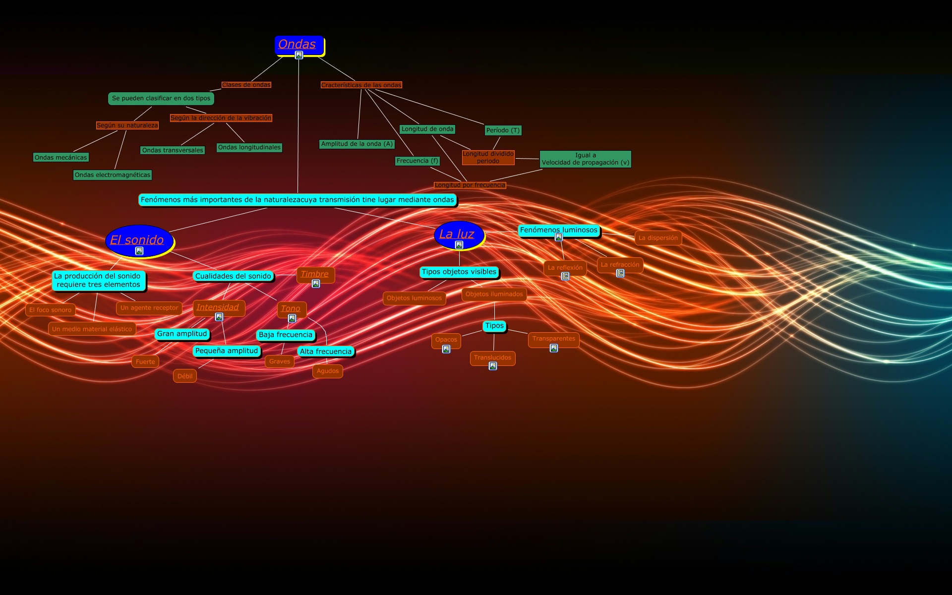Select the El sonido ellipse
pyautogui.click(x=139, y=240)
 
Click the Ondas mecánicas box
pyautogui.click(x=61, y=158)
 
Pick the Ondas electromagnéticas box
pyautogui.click(x=113, y=175)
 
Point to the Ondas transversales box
pyautogui.click(x=173, y=150)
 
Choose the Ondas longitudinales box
pyautogui.click(x=249, y=147)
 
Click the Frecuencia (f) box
pyautogui.click(x=417, y=161)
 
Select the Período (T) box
pyautogui.click(x=503, y=130)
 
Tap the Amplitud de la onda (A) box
pyautogui.click(x=357, y=144)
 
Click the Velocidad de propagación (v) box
pyautogui.click(x=585, y=159)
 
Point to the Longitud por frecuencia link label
pyautogui.click(x=470, y=185)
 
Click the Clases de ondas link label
pyautogui.click(x=246, y=85)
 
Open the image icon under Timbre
pyautogui.click(x=316, y=284)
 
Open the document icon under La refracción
pyautogui.click(x=620, y=273)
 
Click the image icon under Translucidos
pyautogui.click(x=493, y=366)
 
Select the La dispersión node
pyautogui.click(x=658, y=238)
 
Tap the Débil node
pyautogui.click(x=185, y=376)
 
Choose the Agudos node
pyautogui.click(x=328, y=371)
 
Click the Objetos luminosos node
pyautogui.click(x=414, y=298)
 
